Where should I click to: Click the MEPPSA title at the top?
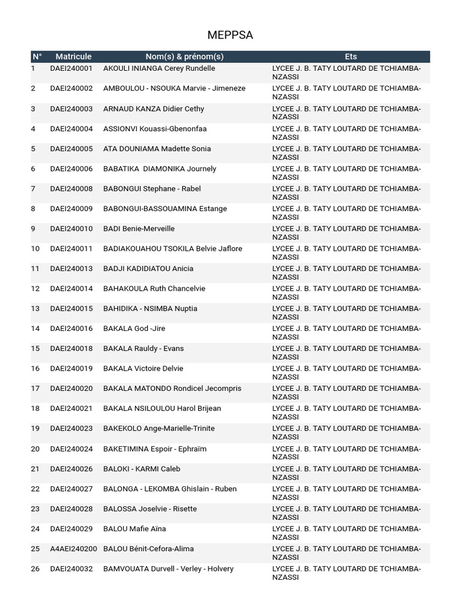click(x=230, y=35)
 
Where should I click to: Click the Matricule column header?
click(x=73, y=56)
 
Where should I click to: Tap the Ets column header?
click(x=351, y=56)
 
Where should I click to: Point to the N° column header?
click(x=37, y=56)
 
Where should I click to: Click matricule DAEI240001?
click(x=71, y=68)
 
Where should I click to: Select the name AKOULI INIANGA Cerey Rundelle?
click(x=159, y=68)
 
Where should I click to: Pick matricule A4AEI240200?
click(x=73, y=549)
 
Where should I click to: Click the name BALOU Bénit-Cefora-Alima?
click(x=148, y=549)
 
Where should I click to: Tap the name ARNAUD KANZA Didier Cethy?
click(x=154, y=109)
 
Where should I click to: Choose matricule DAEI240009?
click(x=71, y=209)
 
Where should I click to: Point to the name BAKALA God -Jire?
click(x=134, y=329)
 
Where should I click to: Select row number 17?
click(x=35, y=389)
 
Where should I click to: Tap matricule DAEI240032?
click(x=71, y=568)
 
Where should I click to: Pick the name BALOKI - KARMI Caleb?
click(x=142, y=469)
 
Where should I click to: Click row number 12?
click(x=35, y=288)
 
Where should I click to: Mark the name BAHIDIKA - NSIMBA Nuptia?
click(x=150, y=309)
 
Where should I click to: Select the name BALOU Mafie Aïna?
click(x=134, y=529)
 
